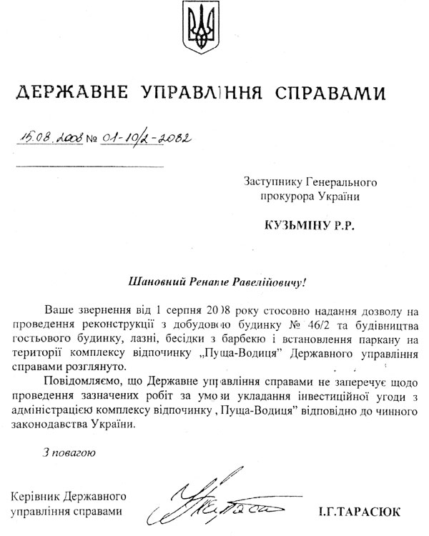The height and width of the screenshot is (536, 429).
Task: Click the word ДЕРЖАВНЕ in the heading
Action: point(75,94)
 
